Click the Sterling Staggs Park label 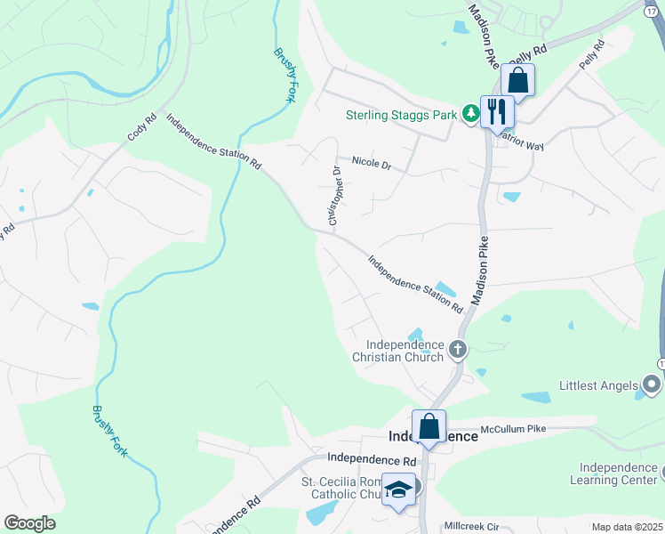[x=401, y=115]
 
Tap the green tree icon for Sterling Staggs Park [x=470, y=114]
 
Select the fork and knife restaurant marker [x=497, y=111]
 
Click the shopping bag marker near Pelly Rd [x=517, y=80]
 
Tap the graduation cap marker [x=399, y=489]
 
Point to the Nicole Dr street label [x=372, y=162]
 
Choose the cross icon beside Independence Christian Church [x=458, y=349]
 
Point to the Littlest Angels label [x=598, y=385]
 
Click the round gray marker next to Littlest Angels [x=652, y=384]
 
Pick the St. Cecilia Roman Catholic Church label [x=343, y=488]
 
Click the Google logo [x=30, y=522]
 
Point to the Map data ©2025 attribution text [x=626, y=527]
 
